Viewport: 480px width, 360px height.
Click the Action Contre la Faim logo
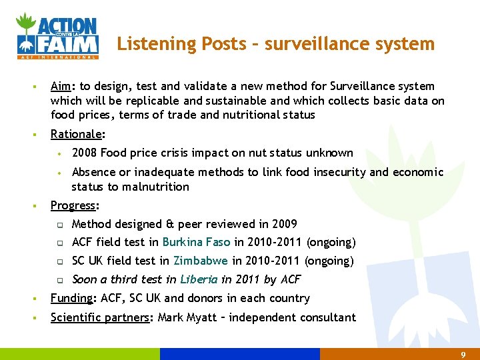click(x=57, y=36)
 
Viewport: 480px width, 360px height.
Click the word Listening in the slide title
click(x=143, y=44)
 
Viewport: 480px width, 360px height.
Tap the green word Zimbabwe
click(x=201, y=261)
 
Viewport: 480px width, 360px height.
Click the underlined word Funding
click(x=71, y=298)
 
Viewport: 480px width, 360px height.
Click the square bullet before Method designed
click(x=59, y=225)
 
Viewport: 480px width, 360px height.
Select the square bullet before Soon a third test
click(x=59, y=280)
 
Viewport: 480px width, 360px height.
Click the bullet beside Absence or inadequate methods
click(x=59, y=173)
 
